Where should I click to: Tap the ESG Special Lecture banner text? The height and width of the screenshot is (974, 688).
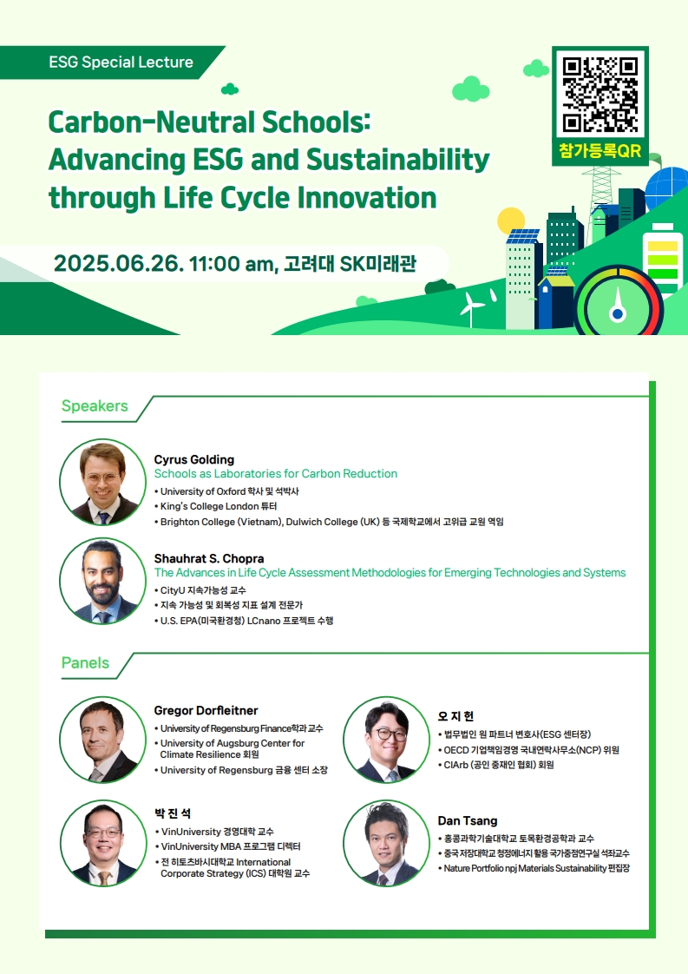(121, 63)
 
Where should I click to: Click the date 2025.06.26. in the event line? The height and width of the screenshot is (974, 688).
(118, 263)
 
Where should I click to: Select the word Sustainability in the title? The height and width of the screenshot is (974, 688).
(398, 160)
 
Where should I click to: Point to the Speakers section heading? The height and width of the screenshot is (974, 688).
(95, 405)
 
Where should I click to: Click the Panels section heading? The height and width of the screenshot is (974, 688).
(85, 663)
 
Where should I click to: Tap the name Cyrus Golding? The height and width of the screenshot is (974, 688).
(194, 460)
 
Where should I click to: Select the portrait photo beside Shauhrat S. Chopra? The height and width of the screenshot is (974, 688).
(102, 581)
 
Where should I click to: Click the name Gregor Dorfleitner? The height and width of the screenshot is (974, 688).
(206, 710)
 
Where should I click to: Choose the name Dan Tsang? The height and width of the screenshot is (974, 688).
(468, 820)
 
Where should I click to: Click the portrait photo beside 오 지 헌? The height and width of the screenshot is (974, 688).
(386, 740)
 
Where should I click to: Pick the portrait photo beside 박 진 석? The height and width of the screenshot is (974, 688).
(103, 843)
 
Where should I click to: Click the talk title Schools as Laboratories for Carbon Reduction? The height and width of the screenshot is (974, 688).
(276, 473)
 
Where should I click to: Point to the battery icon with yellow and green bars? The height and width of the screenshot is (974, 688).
(663, 259)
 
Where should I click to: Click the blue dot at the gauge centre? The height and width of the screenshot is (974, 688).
(617, 314)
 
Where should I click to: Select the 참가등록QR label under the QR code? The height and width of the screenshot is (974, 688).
(600, 151)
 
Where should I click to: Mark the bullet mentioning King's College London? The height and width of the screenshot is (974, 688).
(215, 506)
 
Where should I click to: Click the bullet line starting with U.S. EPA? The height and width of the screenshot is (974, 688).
(244, 621)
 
